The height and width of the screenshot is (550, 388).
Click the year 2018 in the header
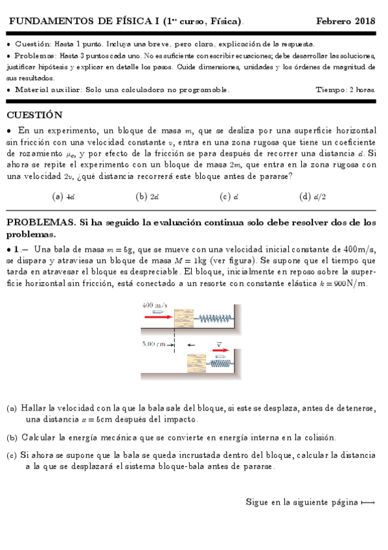tap(365, 21)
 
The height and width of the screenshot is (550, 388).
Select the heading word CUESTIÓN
tap(34, 115)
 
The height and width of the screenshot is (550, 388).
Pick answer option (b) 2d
tap(148, 197)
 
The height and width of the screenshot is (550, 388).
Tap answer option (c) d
tap(229, 197)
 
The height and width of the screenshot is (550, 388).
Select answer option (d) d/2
tap(313, 197)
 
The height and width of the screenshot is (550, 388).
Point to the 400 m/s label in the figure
tap(153, 305)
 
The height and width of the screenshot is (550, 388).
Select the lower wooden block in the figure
tap(196, 363)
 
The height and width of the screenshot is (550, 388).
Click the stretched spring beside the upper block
tap(213, 317)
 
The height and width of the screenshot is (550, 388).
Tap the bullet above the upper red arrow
tap(157, 311)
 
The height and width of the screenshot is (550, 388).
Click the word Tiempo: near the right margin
tap(331, 90)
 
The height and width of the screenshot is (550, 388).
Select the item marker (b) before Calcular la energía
tap(12, 437)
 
